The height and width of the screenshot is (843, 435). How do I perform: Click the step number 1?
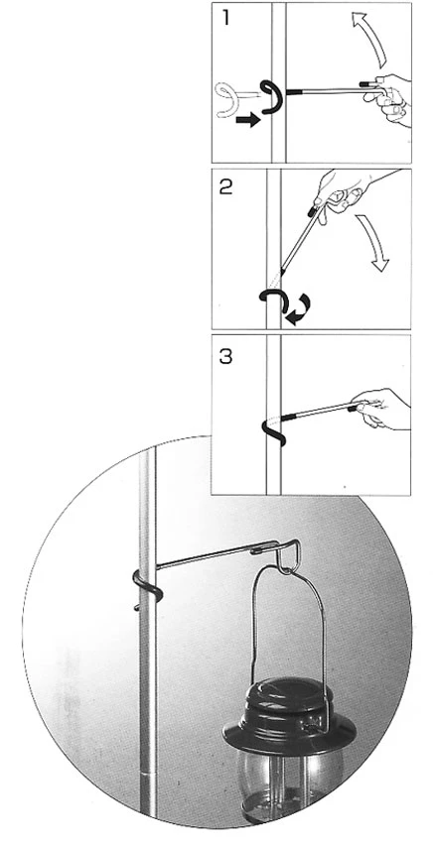[225, 18]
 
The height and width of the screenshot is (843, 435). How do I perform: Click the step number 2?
[226, 186]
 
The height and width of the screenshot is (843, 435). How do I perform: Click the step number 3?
[226, 356]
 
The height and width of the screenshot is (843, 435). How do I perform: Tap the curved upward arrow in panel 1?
[368, 39]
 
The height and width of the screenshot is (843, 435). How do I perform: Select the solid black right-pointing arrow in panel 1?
[247, 120]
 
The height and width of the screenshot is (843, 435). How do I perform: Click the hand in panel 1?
[388, 98]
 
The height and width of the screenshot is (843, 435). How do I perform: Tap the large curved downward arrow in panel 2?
[371, 242]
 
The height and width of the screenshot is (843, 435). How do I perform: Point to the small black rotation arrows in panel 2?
[298, 309]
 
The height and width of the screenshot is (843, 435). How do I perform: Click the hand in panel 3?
[382, 409]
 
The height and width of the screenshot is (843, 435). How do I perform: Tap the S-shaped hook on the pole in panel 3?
[273, 430]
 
